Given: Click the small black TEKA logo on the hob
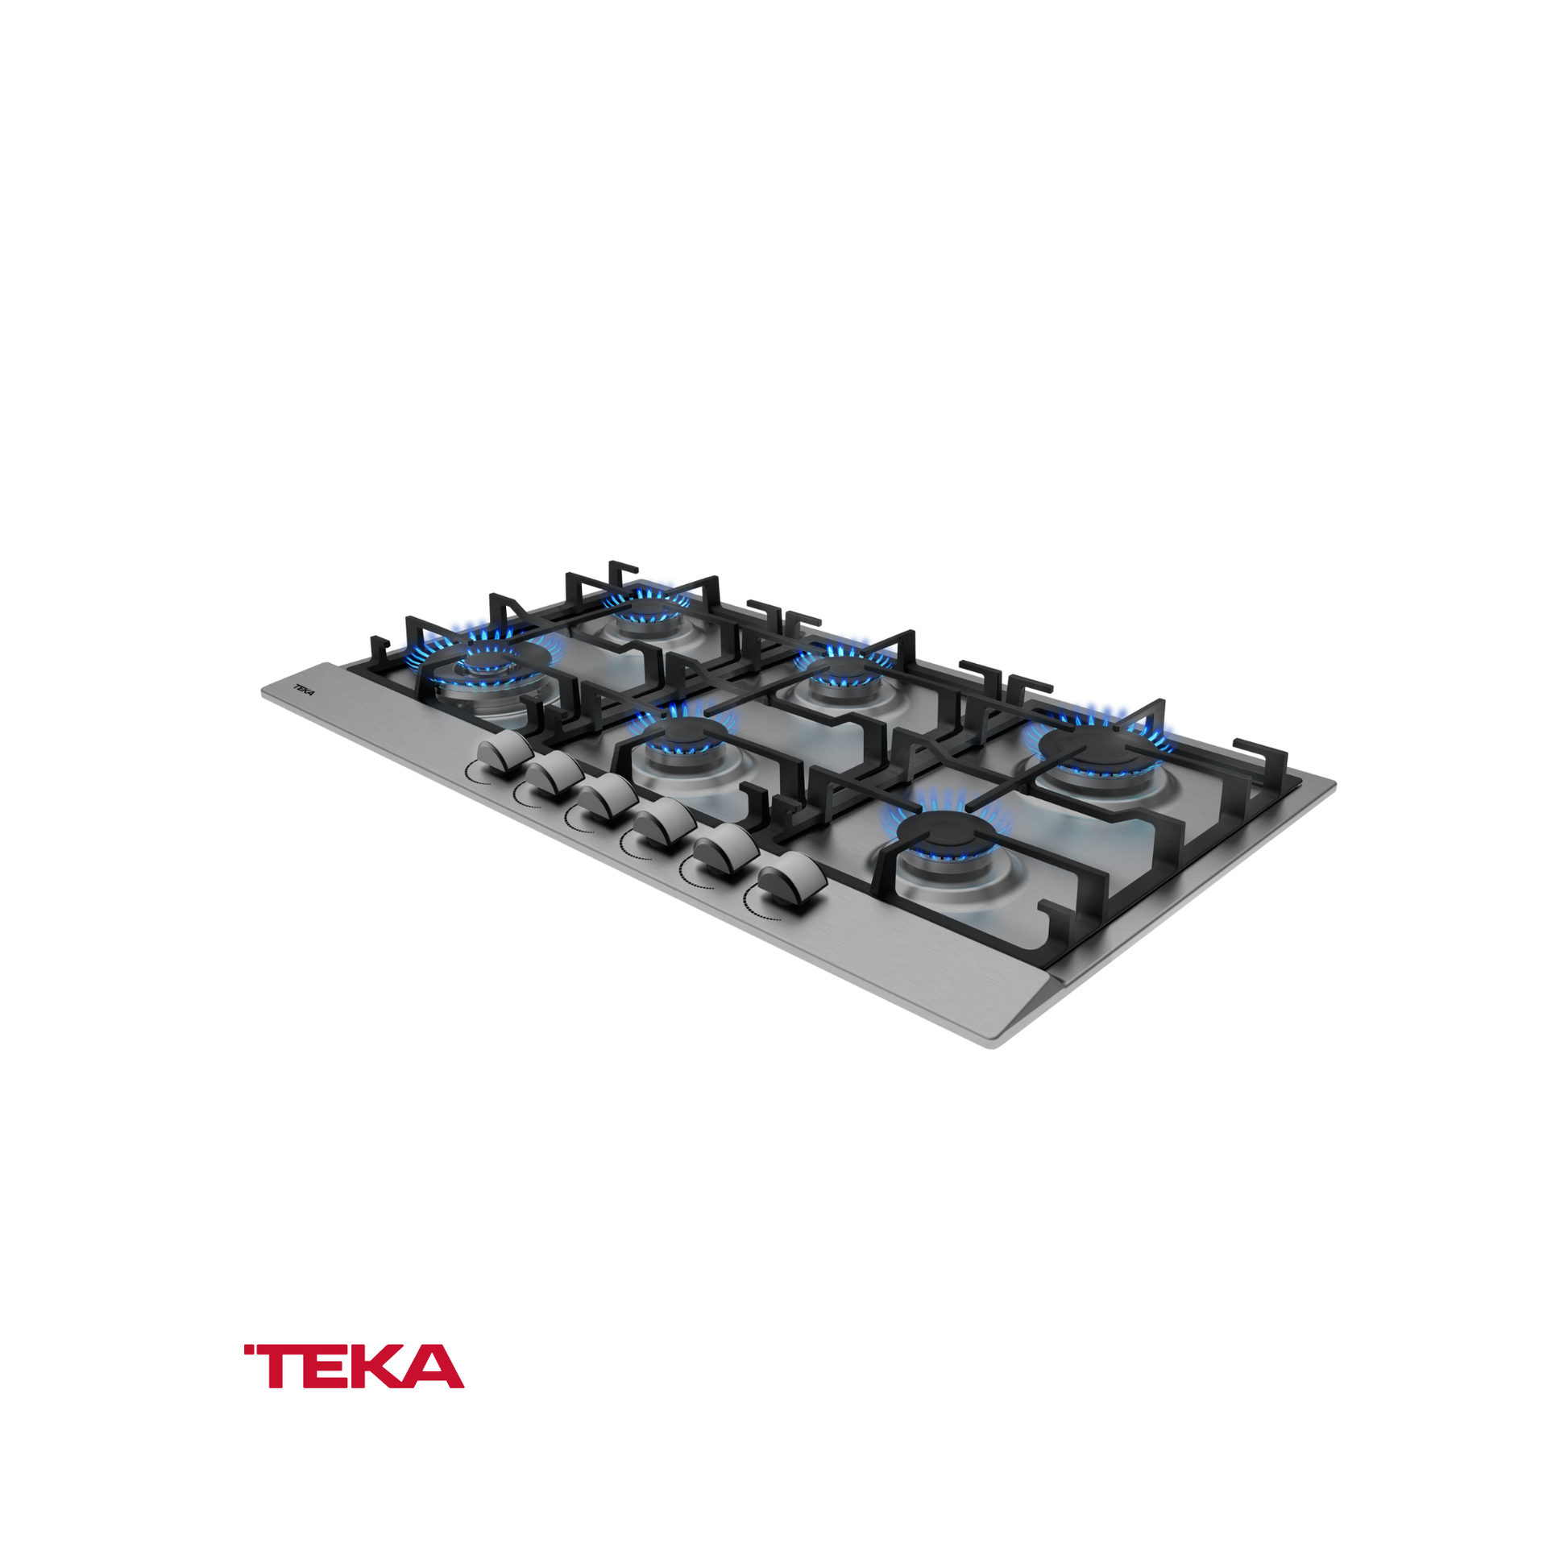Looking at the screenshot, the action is pyautogui.click(x=304, y=691).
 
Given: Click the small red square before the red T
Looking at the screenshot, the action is pyautogui.click(x=248, y=1350).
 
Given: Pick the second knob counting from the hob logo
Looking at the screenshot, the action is pyautogui.click(x=554, y=777).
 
